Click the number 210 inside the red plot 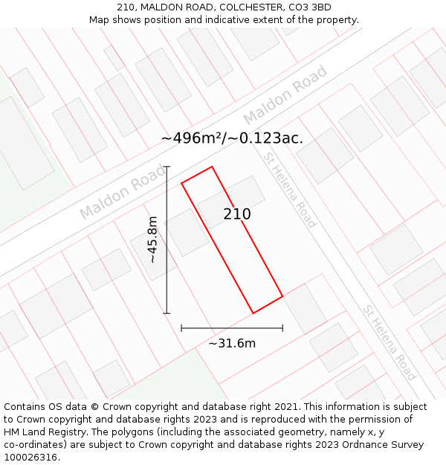(237, 214)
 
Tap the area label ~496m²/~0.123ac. (232, 138)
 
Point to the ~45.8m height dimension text (152, 240)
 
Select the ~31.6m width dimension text (232, 343)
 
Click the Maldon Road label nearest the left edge (123, 192)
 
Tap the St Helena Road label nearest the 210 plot (290, 190)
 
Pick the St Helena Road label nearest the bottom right (389, 342)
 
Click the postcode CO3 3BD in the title (306, 7)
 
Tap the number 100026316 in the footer (30, 457)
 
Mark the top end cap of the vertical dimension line (167, 167)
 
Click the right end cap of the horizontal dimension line (282, 327)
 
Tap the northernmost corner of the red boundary (212, 167)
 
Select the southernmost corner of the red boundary (253, 313)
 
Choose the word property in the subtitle (336, 19)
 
